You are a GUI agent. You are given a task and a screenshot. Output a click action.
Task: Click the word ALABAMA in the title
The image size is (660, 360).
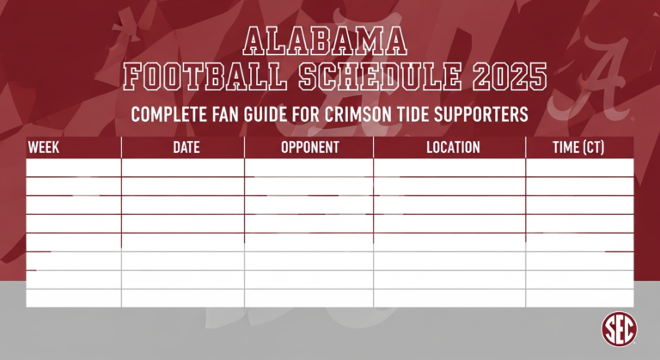coord(326,41)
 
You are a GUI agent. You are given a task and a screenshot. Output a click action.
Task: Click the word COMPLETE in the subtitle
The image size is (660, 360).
coord(171,115)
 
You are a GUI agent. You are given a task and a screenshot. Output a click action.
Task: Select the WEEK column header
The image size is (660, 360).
coord(44,148)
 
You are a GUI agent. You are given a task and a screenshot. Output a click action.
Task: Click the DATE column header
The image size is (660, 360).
coord(186,148)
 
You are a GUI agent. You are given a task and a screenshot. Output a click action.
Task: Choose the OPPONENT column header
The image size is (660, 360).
coord(309,148)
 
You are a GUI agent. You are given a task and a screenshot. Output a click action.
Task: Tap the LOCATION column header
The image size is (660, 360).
coord(453,148)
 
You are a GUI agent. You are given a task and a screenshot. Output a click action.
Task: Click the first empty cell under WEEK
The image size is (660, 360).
coord(74,168)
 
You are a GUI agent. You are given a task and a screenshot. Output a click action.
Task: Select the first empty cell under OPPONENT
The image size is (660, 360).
coord(309,168)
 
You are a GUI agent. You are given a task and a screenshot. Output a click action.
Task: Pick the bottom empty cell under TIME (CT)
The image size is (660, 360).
coord(579,298)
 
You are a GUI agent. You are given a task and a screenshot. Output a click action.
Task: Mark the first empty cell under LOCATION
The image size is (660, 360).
coord(449,168)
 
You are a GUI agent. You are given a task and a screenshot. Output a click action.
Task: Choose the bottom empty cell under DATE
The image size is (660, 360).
coord(183,298)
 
